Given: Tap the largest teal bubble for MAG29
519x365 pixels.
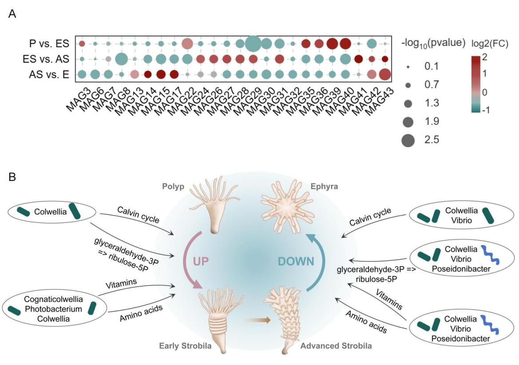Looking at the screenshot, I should click(253, 44).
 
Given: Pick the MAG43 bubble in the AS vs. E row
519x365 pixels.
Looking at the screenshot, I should click(385, 74).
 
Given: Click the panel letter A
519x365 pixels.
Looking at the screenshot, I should click(12, 14).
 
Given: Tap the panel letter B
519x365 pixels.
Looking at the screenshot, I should click(12, 177).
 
